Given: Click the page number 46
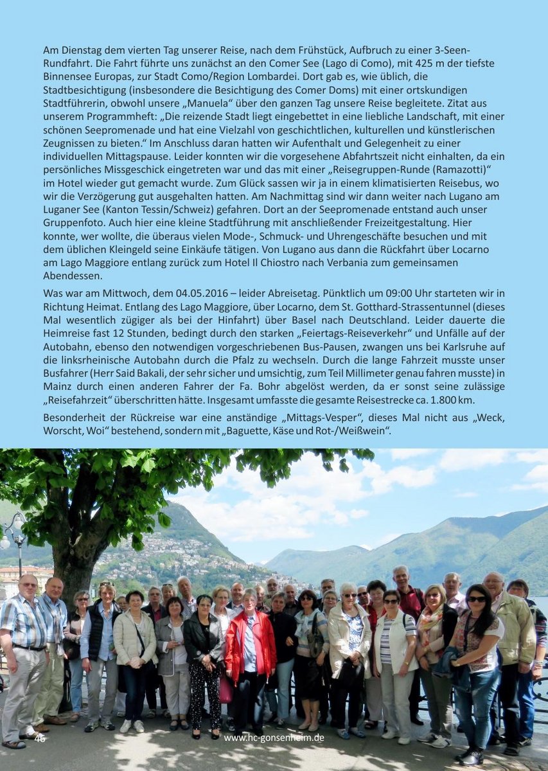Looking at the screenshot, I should (x=40, y=738).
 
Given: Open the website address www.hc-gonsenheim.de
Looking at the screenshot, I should (x=274, y=738).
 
